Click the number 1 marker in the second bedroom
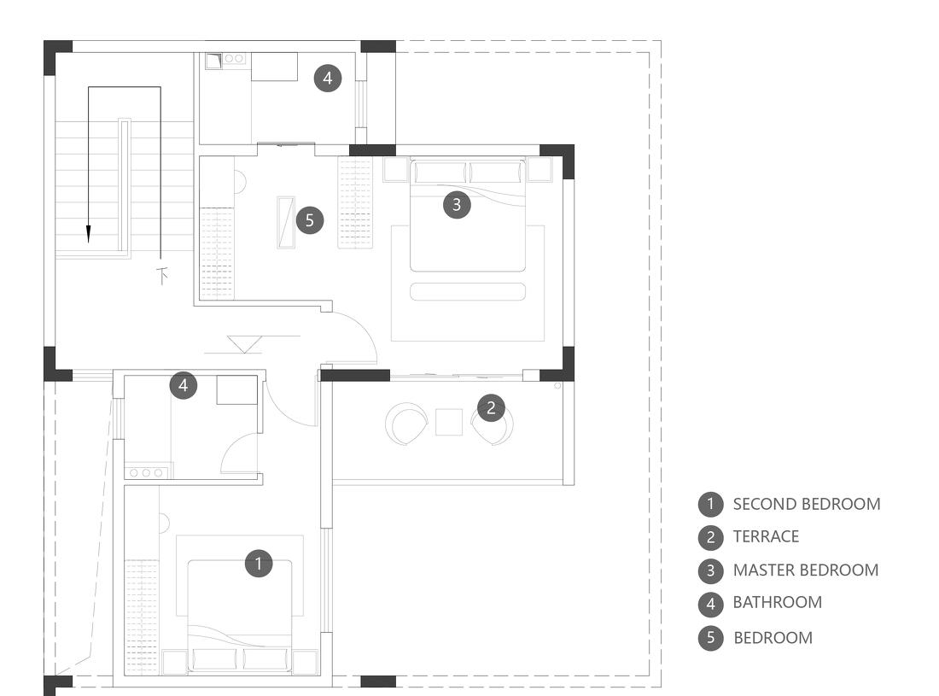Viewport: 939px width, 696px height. click(x=259, y=564)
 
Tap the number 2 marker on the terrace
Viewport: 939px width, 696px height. click(x=491, y=408)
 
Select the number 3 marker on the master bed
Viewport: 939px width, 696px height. click(x=457, y=205)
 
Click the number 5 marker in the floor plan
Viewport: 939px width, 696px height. click(x=310, y=220)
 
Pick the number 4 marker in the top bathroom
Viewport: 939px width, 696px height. click(x=328, y=78)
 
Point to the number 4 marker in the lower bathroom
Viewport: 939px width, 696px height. click(x=184, y=385)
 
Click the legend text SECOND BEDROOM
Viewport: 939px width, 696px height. click(x=807, y=505)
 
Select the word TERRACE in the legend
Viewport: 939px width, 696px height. click(x=766, y=536)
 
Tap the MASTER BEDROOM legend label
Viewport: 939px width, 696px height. click(x=806, y=570)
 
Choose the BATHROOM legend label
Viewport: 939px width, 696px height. click(x=778, y=603)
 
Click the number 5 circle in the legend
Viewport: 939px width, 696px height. click(x=711, y=638)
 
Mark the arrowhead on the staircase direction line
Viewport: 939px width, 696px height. click(x=89, y=234)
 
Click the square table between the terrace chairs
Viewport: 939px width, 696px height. click(x=449, y=422)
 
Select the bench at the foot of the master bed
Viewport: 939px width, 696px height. click(x=468, y=292)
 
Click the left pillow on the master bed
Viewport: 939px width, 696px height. click(x=440, y=172)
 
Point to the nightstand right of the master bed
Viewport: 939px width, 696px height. click(x=539, y=169)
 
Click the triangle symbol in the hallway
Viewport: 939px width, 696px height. click(x=244, y=344)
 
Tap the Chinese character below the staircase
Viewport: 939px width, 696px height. click(x=161, y=276)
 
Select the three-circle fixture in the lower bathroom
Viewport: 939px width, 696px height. click(x=146, y=472)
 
